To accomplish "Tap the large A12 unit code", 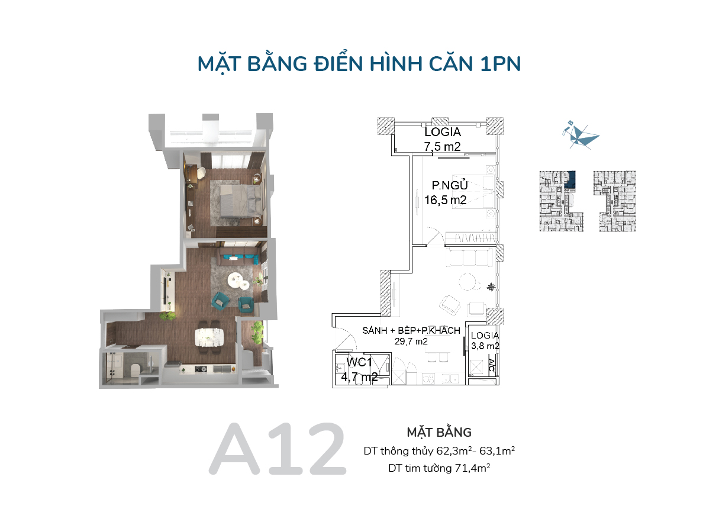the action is click(278, 449).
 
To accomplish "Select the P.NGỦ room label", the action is click(449, 185).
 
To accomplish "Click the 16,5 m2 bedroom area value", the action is click(445, 200).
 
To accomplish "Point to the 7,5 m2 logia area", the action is click(442, 147).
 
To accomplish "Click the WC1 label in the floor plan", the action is click(359, 362).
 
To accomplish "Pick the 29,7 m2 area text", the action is click(411, 342).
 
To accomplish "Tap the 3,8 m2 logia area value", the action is click(485, 346).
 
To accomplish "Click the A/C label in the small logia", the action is click(491, 365).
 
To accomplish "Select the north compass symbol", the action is click(581, 135).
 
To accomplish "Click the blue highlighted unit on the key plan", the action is click(570, 179).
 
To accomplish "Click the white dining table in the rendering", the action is click(209, 337).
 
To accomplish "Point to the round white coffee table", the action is click(237, 280).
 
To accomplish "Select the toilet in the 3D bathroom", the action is click(135, 370).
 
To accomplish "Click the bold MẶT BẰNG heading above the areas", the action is click(439, 432).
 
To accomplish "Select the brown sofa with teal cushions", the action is click(239, 256).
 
